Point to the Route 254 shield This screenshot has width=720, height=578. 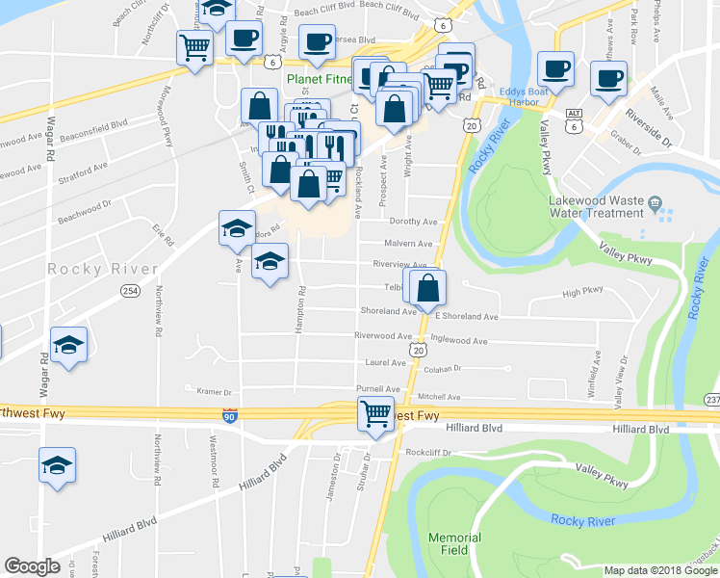click(x=130, y=290)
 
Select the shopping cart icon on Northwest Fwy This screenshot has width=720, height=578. click(x=376, y=413)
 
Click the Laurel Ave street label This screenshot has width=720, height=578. click(x=383, y=362)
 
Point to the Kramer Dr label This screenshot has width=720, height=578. click(x=215, y=392)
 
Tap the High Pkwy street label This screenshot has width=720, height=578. click(x=582, y=291)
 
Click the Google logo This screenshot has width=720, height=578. click(x=32, y=566)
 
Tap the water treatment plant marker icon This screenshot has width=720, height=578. click(x=655, y=204)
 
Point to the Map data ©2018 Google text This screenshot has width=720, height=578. click(x=659, y=570)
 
